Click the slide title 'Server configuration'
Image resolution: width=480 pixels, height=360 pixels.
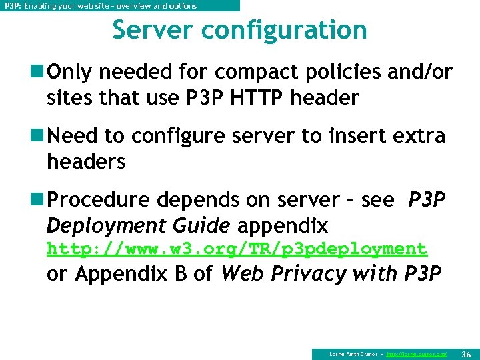coord(239,30)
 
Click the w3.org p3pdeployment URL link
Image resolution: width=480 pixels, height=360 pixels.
coord(237,249)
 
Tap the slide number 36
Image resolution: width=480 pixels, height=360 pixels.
coord(466,353)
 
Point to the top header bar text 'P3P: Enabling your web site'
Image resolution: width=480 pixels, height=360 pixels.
coord(101,6)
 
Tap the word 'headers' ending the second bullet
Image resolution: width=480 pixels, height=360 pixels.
coord(86,161)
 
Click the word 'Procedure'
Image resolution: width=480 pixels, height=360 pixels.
coord(98,200)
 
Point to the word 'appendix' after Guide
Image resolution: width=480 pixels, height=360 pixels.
coord(283,225)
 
